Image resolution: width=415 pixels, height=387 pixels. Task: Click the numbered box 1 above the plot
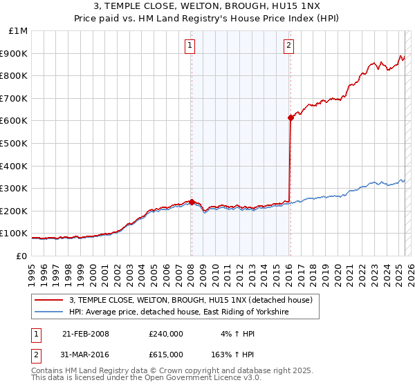190,46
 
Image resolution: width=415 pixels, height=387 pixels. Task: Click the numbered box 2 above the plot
288,46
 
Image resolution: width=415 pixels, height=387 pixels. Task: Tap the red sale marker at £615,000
290,118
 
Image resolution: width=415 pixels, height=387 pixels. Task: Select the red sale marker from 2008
192,202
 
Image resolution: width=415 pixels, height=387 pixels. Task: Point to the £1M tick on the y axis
19,31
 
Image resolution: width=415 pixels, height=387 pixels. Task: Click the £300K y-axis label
14,189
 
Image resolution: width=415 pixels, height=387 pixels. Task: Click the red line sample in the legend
49,300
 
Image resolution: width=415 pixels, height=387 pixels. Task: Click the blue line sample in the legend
49,312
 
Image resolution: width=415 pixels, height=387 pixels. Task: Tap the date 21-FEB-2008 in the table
86,334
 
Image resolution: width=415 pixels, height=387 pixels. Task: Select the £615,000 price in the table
165,355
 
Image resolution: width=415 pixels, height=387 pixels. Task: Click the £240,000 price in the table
165,334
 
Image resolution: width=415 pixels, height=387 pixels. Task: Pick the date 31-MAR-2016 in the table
86,355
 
